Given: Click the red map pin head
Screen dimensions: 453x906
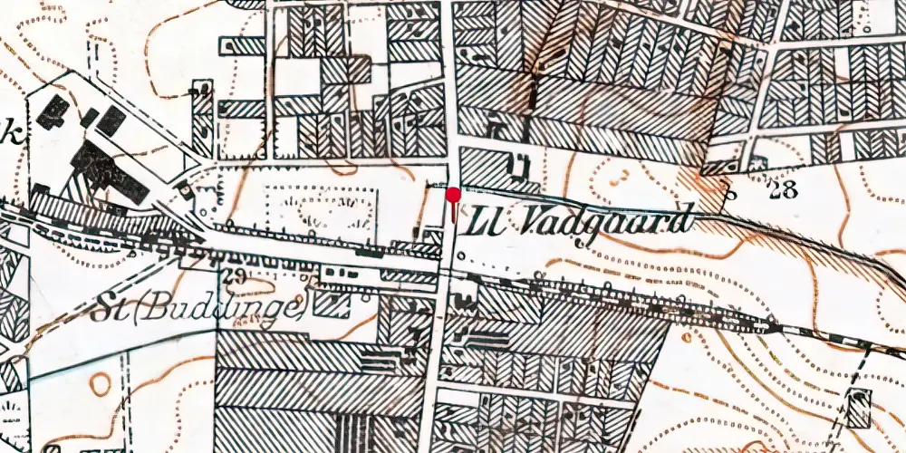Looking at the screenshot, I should point(453,193).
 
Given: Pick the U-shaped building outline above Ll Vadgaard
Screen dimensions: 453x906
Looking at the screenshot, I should point(520,166).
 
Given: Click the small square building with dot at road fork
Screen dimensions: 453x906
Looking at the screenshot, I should point(187,190).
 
